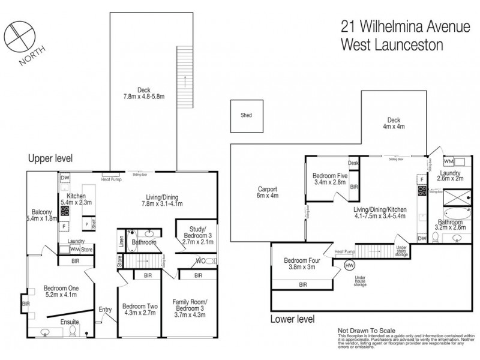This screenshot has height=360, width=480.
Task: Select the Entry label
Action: (105, 310)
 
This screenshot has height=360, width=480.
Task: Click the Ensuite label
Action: (57, 322)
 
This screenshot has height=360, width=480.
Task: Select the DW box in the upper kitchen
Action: (65, 178)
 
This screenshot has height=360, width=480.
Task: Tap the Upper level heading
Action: (50, 159)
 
